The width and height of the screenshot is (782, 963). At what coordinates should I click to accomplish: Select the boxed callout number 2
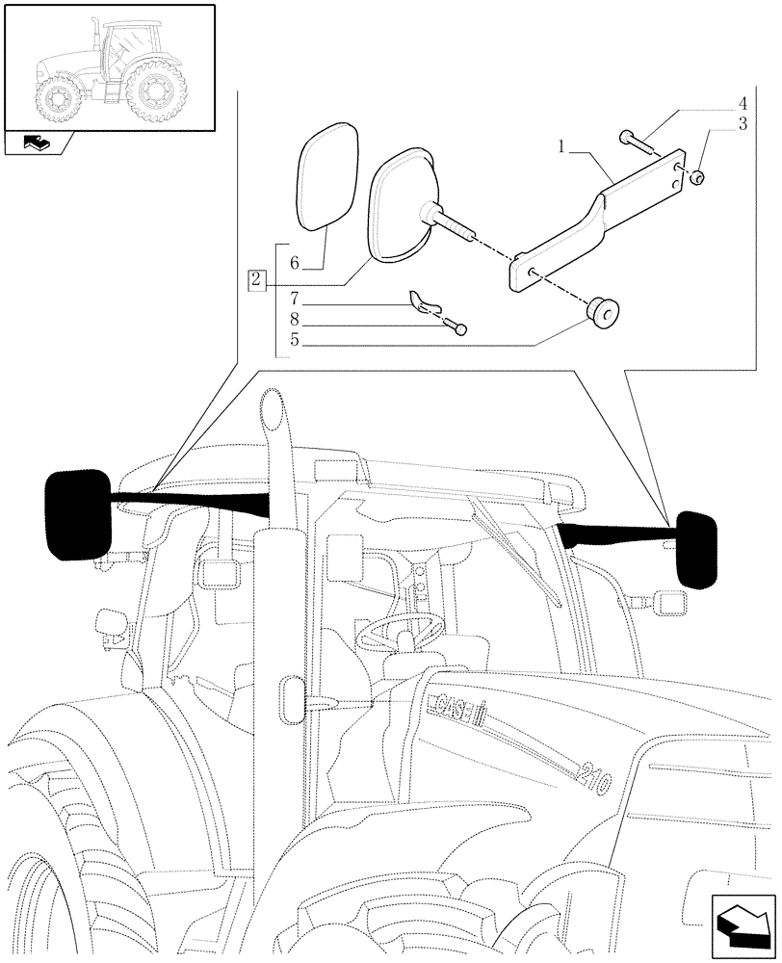(255, 280)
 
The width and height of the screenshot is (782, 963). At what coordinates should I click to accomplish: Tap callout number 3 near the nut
(743, 123)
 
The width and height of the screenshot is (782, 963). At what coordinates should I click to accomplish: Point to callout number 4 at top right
(743, 103)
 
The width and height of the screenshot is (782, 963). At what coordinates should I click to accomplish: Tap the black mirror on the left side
(77, 514)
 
